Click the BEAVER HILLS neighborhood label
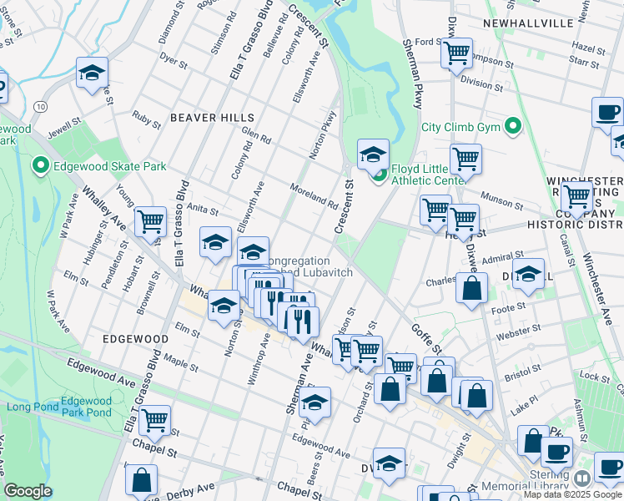tap(199, 118)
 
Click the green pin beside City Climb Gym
tap(514, 127)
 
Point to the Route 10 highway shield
tap(40, 106)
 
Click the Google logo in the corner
tap(28, 491)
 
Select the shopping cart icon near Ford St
tap(456, 53)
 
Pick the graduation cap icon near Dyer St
tap(92, 73)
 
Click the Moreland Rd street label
tap(314, 195)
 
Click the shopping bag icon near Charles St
tap(472, 289)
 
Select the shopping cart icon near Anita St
tap(150, 222)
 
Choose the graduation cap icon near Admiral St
tap(528, 274)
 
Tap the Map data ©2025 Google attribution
tap(572, 494)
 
